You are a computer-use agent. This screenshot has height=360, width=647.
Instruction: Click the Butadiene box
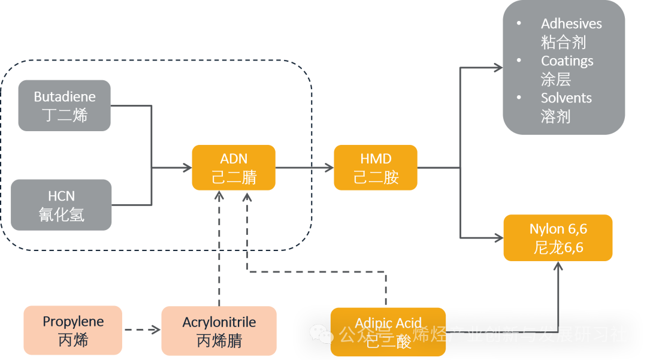pyautogui.click(x=64, y=105)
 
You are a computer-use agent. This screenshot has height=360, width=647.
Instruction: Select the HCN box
pyautogui.click(x=61, y=205)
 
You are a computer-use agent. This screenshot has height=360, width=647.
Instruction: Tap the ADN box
pyautogui.click(x=234, y=168)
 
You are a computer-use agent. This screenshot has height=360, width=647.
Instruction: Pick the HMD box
pyautogui.click(x=376, y=168)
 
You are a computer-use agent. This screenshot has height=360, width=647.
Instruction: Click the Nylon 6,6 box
pyautogui.click(x=558, y=238)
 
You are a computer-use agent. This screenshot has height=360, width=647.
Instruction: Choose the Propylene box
pyautogui.click(x=73, y=331)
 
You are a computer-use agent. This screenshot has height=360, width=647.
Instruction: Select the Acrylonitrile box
pyautogui.click(x=219, y=331)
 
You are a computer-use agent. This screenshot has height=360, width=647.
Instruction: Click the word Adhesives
pyautogui.click(x=571, y=24)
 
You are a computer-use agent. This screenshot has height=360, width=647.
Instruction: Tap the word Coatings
pyautogui.click(x=567, y=61)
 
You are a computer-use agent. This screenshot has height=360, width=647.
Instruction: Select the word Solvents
pyautogui.click(x=566, y=98)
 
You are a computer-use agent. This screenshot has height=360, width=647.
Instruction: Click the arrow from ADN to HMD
pyautogui.click(x=304, y=168)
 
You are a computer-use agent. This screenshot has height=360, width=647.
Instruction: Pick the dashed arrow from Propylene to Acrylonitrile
pyautogui.click(x=141, y=330)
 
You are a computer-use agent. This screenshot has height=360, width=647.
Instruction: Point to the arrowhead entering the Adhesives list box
pyautogui.click(x=498, y=68)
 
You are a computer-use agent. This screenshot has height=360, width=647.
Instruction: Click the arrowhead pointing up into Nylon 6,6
pyautogui.click(x=558, y=267)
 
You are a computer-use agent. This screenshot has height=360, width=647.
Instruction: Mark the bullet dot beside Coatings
pyautogui.click(x=519, y=60)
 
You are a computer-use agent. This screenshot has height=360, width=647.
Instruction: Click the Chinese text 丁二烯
pyautogui.click(x=64, y=115)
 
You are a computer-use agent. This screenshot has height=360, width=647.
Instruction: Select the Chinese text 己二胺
pyautogui.click(x=376, y=177)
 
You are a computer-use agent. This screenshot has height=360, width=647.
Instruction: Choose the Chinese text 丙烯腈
pyautogui.click(x=219, y=341)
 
